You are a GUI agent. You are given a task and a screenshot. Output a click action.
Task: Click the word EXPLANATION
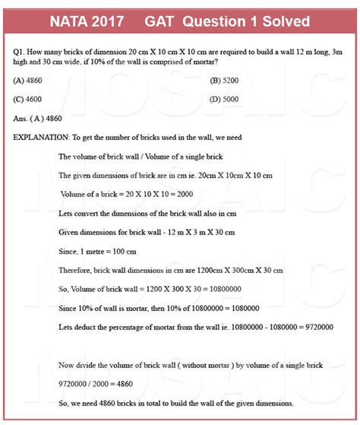pyautogui.click(x=41, y=138)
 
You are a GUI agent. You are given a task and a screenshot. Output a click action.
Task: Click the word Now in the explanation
pyautogui.click(x=66, y=365)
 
